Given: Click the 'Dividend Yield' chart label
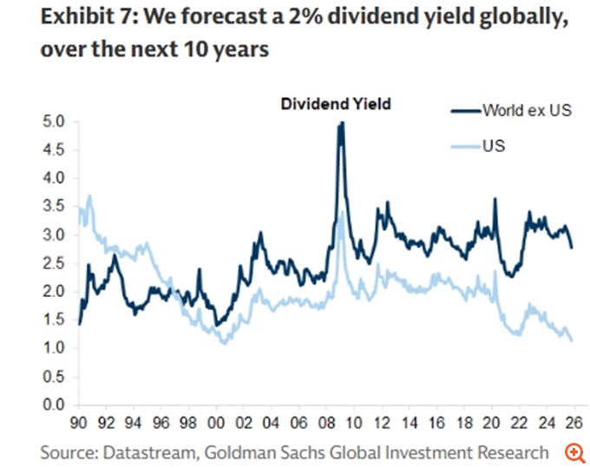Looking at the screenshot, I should [x=335, y=104].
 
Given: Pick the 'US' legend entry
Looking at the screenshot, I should [x=495, y=146].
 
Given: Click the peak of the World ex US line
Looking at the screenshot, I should [x=341, y=123].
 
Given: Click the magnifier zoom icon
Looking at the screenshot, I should [x=574, y=452].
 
